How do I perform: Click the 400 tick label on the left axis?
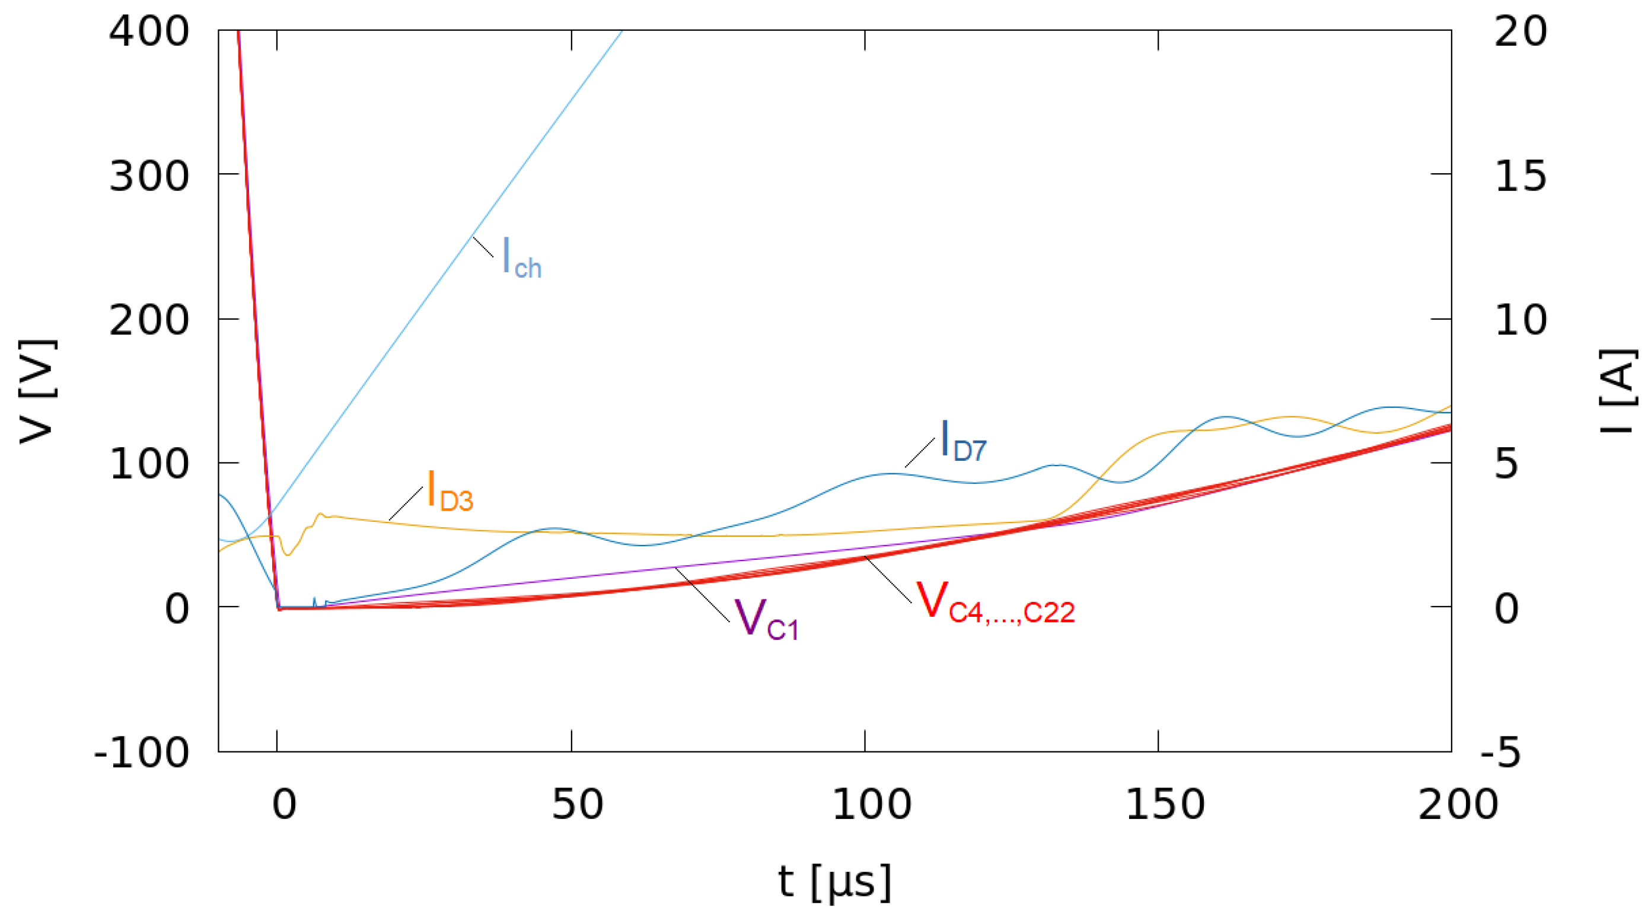pyautogui.click(x=148, y=31)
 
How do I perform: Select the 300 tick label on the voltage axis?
pyautogui.click(x=148, y=176)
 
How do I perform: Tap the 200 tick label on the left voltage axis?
pyautogui.click(x=148, y=320)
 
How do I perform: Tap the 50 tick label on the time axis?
pyautogui.click(x=577, y=805)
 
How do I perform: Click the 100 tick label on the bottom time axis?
pyautogui.click(x=871, y=805)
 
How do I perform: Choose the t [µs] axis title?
pyautogui.click(x=834, y=882)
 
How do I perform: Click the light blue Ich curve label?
pyautogui.click(x=521, y=258)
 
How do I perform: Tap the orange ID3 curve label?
pyautogui.click(x=449, y=490)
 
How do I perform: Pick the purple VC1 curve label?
pyautogui.click(x=765, y=619)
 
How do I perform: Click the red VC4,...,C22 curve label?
pyautogui.click(x=995, y=603)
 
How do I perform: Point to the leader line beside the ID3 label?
pyautogui.click(x=406, y=503)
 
